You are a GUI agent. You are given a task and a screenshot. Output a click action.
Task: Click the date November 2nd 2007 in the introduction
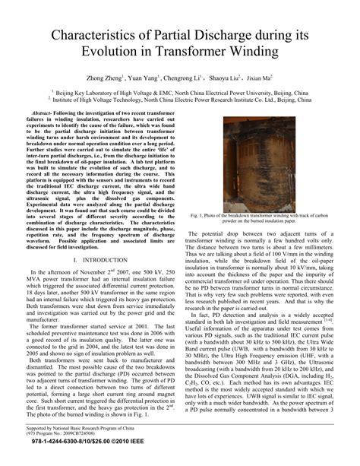tap(97, 271)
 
